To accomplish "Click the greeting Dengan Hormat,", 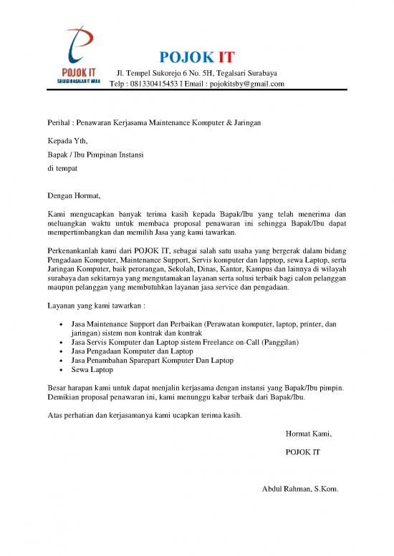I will pyautogui.click(x=70, y=195).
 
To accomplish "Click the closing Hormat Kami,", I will pyautogui.click(x=309, y=434).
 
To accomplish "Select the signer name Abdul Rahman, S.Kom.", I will pyautogui.click(x=301, y=489).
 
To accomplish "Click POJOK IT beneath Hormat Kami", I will pyautogui.click(x=302, y=452).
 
